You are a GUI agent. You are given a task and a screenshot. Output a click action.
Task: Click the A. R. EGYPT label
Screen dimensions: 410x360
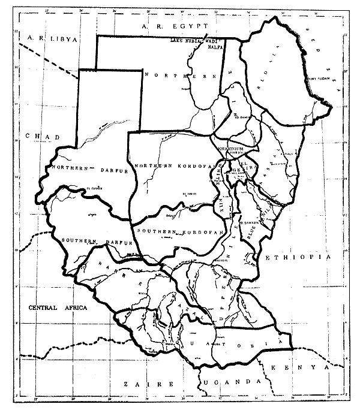[x=171, y=26]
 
